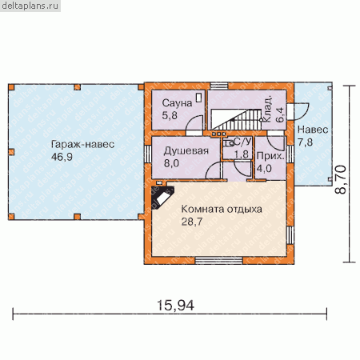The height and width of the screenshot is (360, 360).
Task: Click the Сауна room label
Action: click(177, 103)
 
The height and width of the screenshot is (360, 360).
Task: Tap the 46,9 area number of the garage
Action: click(62, 157)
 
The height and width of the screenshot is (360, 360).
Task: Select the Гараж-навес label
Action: click(82, 144)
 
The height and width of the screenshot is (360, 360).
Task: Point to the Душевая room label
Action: click(186, 151)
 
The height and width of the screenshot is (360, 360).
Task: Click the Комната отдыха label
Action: click(222, 209)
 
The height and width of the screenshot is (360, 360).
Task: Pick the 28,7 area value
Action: click(192, 222)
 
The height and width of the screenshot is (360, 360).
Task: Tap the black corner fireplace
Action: click(162, 198)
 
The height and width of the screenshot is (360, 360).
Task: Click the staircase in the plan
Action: click(236, 119)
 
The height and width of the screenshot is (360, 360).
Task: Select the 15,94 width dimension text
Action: click(175, 306)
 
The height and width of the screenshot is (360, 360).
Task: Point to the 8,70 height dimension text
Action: click(341, 179)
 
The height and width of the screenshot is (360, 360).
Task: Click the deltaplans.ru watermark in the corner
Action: click(30, 6)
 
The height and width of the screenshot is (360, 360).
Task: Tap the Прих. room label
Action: click(270, 156)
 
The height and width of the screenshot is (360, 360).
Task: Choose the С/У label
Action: click(242, 142)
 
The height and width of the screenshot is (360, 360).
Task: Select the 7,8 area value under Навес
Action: click(305, 142)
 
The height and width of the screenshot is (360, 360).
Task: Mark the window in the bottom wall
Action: click(218, 261)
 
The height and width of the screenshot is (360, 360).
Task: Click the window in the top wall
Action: click(219, 86)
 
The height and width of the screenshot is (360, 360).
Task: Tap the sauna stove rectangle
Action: click(199, 97)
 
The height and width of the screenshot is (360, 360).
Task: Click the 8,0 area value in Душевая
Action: click(171, 163)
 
